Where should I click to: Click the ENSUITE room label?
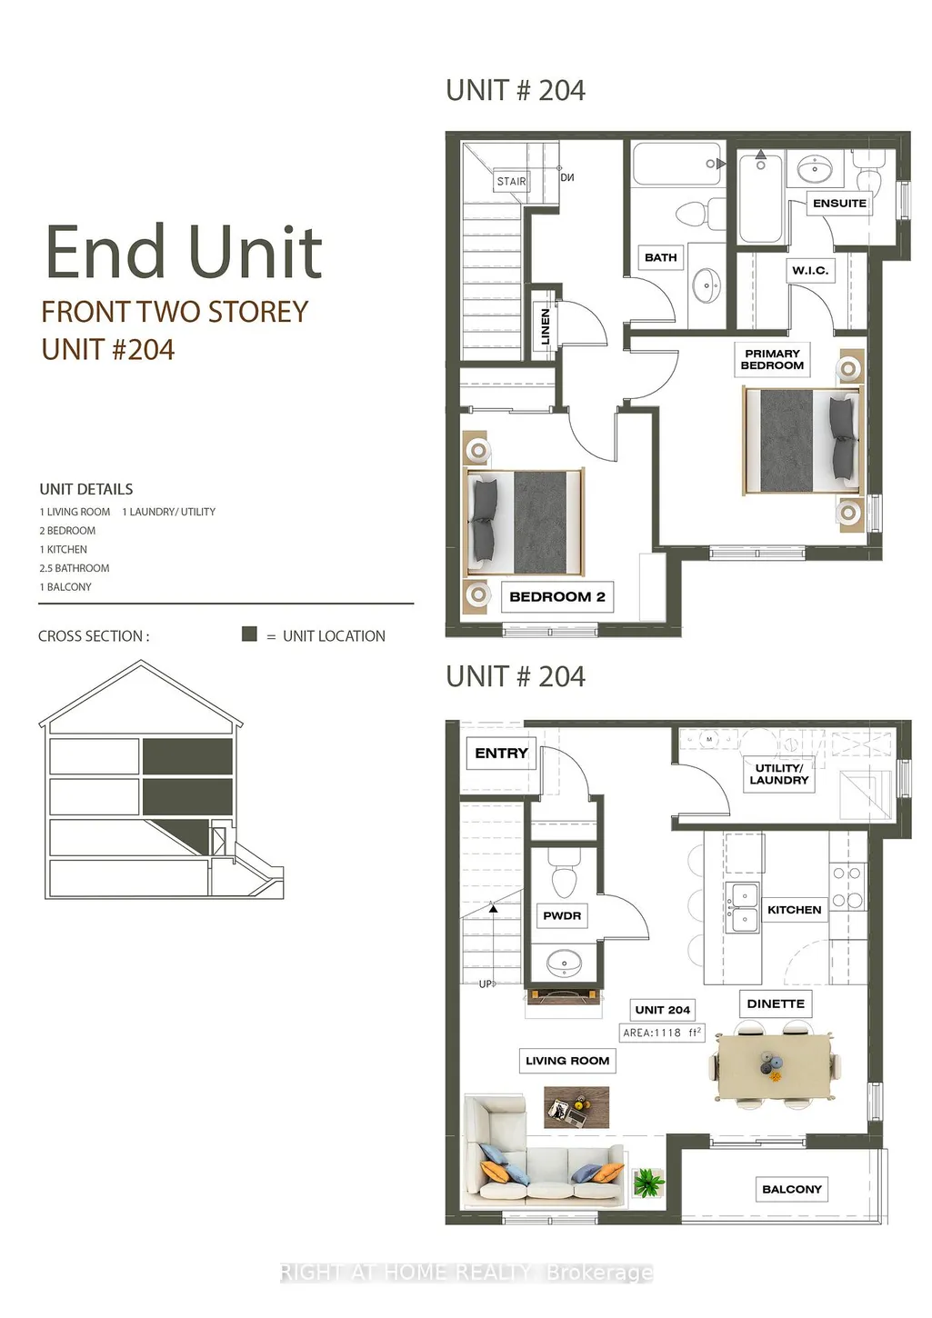839,203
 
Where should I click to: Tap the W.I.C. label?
810,271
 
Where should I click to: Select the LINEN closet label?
546,326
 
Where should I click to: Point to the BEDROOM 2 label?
557,596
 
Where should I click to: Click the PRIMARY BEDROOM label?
772,360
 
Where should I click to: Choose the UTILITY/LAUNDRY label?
779,774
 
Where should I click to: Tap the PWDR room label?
562,915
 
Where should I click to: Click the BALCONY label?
791,1189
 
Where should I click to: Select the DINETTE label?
776,1003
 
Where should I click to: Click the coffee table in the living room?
576,1107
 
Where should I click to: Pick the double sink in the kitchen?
742,907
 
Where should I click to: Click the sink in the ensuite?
814,169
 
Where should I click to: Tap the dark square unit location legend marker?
249,634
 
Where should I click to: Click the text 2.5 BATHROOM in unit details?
75,568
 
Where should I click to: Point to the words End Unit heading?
184,252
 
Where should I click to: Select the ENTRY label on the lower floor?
501,754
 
